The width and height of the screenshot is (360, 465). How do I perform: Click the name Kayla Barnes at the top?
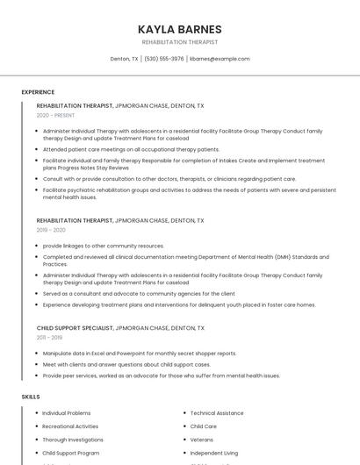coord(180,29)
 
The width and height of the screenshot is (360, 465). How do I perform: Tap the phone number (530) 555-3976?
coord(164,59)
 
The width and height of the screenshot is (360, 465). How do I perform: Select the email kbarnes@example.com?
coord(220,59)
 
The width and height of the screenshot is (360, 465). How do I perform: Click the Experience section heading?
coord(38,92)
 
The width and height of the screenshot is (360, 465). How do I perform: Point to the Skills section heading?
coord(31,397)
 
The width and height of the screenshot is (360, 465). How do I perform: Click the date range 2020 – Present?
coord(55,115)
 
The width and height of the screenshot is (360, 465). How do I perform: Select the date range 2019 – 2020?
coord(51,230)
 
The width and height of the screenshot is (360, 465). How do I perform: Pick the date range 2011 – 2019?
coord(49,337)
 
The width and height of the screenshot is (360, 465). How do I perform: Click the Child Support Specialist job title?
coord(75,327)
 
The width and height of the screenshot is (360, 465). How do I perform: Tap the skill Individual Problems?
coord(67,412)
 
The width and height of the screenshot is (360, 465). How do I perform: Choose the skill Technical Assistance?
coord(217,412)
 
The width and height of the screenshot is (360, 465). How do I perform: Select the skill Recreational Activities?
coord(70,426)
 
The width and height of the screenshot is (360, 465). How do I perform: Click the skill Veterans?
coord(202,440)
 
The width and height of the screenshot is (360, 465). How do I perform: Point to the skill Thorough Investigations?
coord(73,440)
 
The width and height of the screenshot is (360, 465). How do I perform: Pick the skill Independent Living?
coord(214,453)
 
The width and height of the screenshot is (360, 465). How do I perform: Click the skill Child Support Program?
coord(71,453)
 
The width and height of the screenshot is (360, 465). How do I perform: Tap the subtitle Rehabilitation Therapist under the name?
coord(180,42)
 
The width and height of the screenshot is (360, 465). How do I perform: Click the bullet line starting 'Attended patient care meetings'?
coord(131,149)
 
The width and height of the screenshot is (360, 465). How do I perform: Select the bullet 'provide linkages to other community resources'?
coord(104,246)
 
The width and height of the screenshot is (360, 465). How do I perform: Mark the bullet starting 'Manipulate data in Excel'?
coord(140,353)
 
